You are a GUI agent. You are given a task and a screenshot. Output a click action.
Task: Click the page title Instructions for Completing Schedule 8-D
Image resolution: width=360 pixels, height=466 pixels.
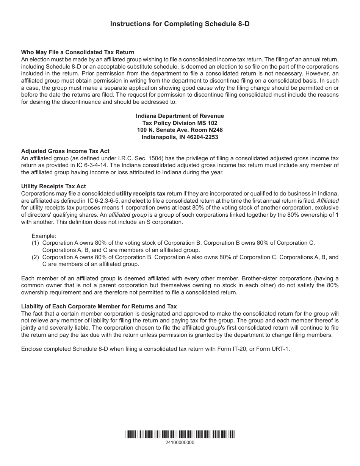(180, 24)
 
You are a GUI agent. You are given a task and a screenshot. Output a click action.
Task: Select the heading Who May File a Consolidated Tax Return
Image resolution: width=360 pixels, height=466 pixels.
(78, 52)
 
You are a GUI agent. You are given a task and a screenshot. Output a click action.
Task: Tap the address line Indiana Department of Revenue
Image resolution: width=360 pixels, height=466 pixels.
(180, 116)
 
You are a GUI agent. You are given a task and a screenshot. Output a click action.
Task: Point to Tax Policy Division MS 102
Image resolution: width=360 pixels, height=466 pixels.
(180, 123)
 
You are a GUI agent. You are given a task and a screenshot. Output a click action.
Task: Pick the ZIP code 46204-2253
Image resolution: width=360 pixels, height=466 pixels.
(201, 137)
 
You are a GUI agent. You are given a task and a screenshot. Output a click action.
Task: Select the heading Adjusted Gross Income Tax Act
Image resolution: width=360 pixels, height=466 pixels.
(65, 151)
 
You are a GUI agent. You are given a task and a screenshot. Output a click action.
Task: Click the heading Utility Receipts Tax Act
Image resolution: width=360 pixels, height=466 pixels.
(53, 186)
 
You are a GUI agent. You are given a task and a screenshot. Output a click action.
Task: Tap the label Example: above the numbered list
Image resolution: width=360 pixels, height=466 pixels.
(44, 236)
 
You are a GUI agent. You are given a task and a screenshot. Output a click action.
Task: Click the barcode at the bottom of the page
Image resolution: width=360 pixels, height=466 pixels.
(180, 435)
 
